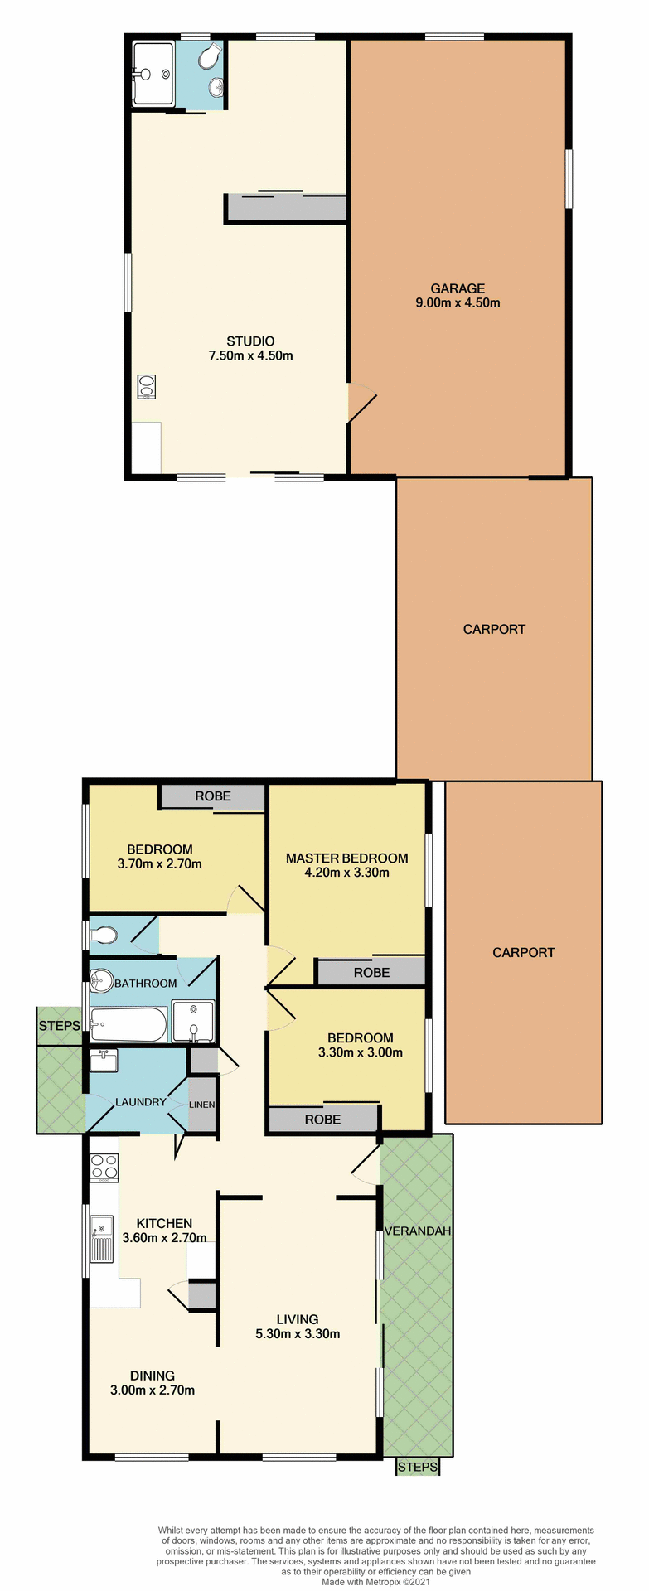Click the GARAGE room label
click(457, 288)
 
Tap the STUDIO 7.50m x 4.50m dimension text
click(250, 355)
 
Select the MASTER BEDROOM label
click(346, 858)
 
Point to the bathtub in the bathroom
click(128, 1025)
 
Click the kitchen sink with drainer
click(102, 1239)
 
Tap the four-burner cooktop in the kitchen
click(104, 1167)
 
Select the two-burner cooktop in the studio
click(147, 387)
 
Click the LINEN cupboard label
click(202, 1105)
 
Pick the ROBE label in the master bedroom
click(371, 972)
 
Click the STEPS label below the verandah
click(417, 1467)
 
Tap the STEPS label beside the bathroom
click(60, 1025)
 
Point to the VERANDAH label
click(418, 1231)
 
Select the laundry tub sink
click(104, 1060)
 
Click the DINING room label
click(152, 1376)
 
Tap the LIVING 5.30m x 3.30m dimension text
click(298, 1334)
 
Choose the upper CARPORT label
click(494, 629)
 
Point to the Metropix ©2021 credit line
click(376, 1582)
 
